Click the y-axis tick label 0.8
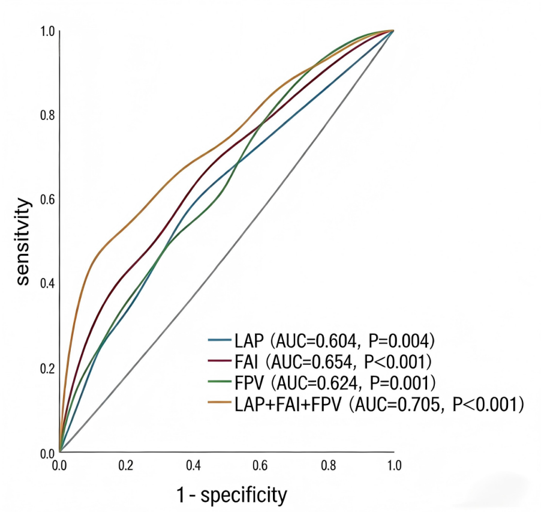point(47,115)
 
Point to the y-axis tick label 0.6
point(47,199)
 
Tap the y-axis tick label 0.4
point(47,283)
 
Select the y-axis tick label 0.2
point(47,369)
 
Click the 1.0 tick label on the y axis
point(47,31)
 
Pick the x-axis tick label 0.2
point(126,466)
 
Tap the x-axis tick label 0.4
point(194,466)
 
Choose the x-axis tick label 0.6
point(260,466)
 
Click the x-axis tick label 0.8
point(329,466)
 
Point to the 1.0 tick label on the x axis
point(394,466)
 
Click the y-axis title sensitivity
point(23,242)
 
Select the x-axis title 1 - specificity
point(232,495)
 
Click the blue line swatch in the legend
point(220,340)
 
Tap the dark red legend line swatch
point(220,361)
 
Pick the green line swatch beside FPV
point(220,381)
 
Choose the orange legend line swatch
point(220,402)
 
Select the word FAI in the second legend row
point(247,361)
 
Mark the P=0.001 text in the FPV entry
point(400,382)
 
